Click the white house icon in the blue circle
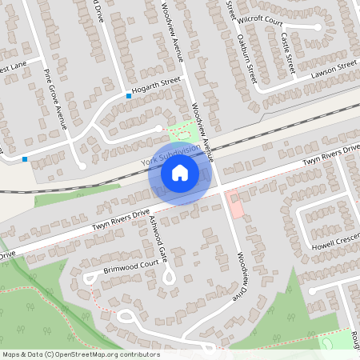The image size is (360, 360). [180, 172]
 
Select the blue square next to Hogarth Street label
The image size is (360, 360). [128, 96]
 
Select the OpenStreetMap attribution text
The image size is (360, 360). [81, 354]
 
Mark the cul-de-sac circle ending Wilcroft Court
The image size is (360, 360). [317, 27]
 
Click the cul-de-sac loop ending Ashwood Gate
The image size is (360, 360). [169, 277]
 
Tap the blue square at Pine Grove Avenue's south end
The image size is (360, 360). [25, 158]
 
